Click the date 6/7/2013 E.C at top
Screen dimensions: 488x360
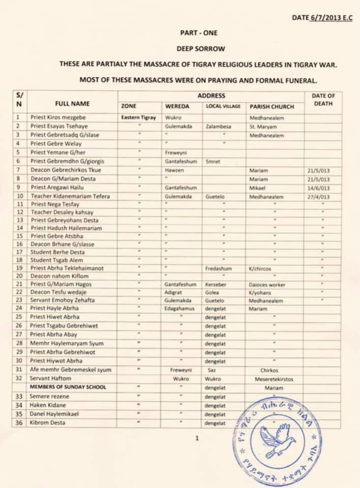(328, 18)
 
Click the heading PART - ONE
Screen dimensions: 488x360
(199, 33)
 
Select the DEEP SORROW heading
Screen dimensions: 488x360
(200, 49)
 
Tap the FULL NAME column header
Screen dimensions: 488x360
(73, 104)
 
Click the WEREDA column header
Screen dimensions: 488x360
(177, 107)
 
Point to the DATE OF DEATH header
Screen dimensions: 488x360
(323, 100)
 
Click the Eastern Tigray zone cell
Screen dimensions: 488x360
(139, 117)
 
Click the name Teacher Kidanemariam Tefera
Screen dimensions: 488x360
(70, 197)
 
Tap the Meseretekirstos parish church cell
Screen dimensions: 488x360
(274, 379)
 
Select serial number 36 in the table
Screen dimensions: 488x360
(19, 423)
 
